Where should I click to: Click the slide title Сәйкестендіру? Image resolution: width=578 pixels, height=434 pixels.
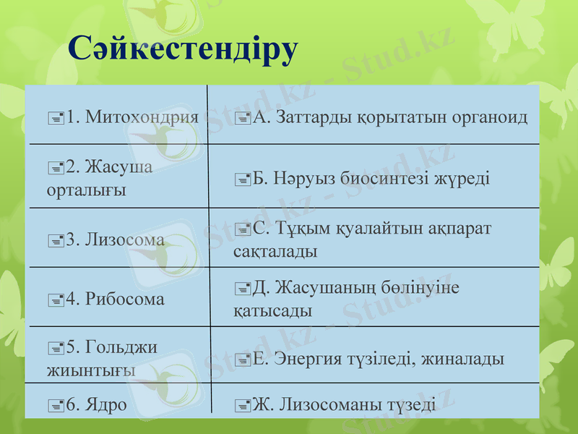point(183,49)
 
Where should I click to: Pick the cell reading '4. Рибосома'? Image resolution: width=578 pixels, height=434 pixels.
point(116,299)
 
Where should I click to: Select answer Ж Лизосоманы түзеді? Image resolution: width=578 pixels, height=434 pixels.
point(343,405)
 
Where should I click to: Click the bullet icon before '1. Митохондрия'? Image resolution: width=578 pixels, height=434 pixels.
point(56,117)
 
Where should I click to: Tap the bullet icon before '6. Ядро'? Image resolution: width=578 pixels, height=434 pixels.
point(56,406)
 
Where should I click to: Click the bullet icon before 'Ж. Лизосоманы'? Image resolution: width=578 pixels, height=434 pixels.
point(243,406)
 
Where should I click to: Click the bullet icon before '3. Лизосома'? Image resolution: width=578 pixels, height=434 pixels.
point(56,240)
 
